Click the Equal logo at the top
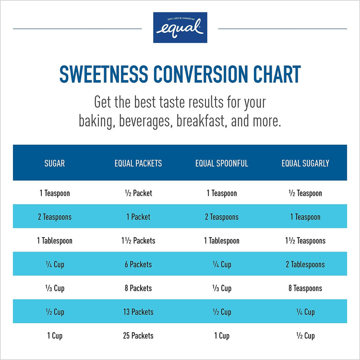pos(180,27)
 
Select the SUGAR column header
pos(54,163)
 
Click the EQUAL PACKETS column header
pos(138,163)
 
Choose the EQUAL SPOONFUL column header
pos(222,163)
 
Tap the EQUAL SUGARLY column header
pos(305,163)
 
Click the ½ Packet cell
pos(138,193)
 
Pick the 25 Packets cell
pos(138,336)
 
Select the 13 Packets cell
pos(138,312)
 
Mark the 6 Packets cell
pos(138,264)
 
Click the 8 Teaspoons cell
pos(305,288)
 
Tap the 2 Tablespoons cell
pos(305,264)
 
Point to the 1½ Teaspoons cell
pos(305,241)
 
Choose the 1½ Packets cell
pos(138,241)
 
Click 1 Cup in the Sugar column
pos(54,336)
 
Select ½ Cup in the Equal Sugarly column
pos(305,336)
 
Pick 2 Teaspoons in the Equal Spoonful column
pos(222,217)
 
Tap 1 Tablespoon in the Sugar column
pos(54,241)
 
